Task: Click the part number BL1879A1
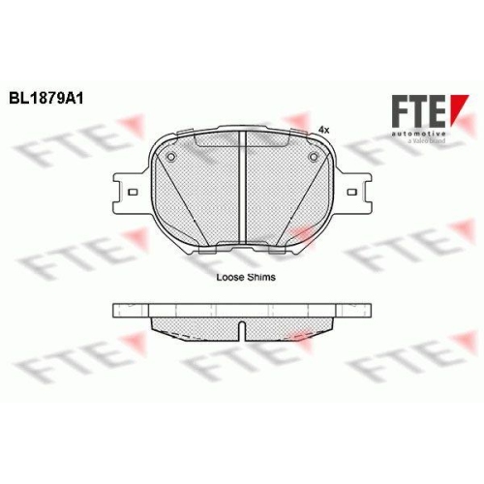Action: click(x=46, y=98)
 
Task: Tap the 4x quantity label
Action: click(x=323, y=130)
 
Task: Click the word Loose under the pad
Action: click(x=229, y=277)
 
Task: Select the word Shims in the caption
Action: click(x=261, y=277)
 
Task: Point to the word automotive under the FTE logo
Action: click(x=418, y=134)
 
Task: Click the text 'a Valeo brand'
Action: click(x=427, y=141)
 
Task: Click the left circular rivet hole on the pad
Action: click(x=171, y=157)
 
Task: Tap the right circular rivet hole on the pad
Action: click(x=314, y=157)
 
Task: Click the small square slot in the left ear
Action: click(x=133, y=193)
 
